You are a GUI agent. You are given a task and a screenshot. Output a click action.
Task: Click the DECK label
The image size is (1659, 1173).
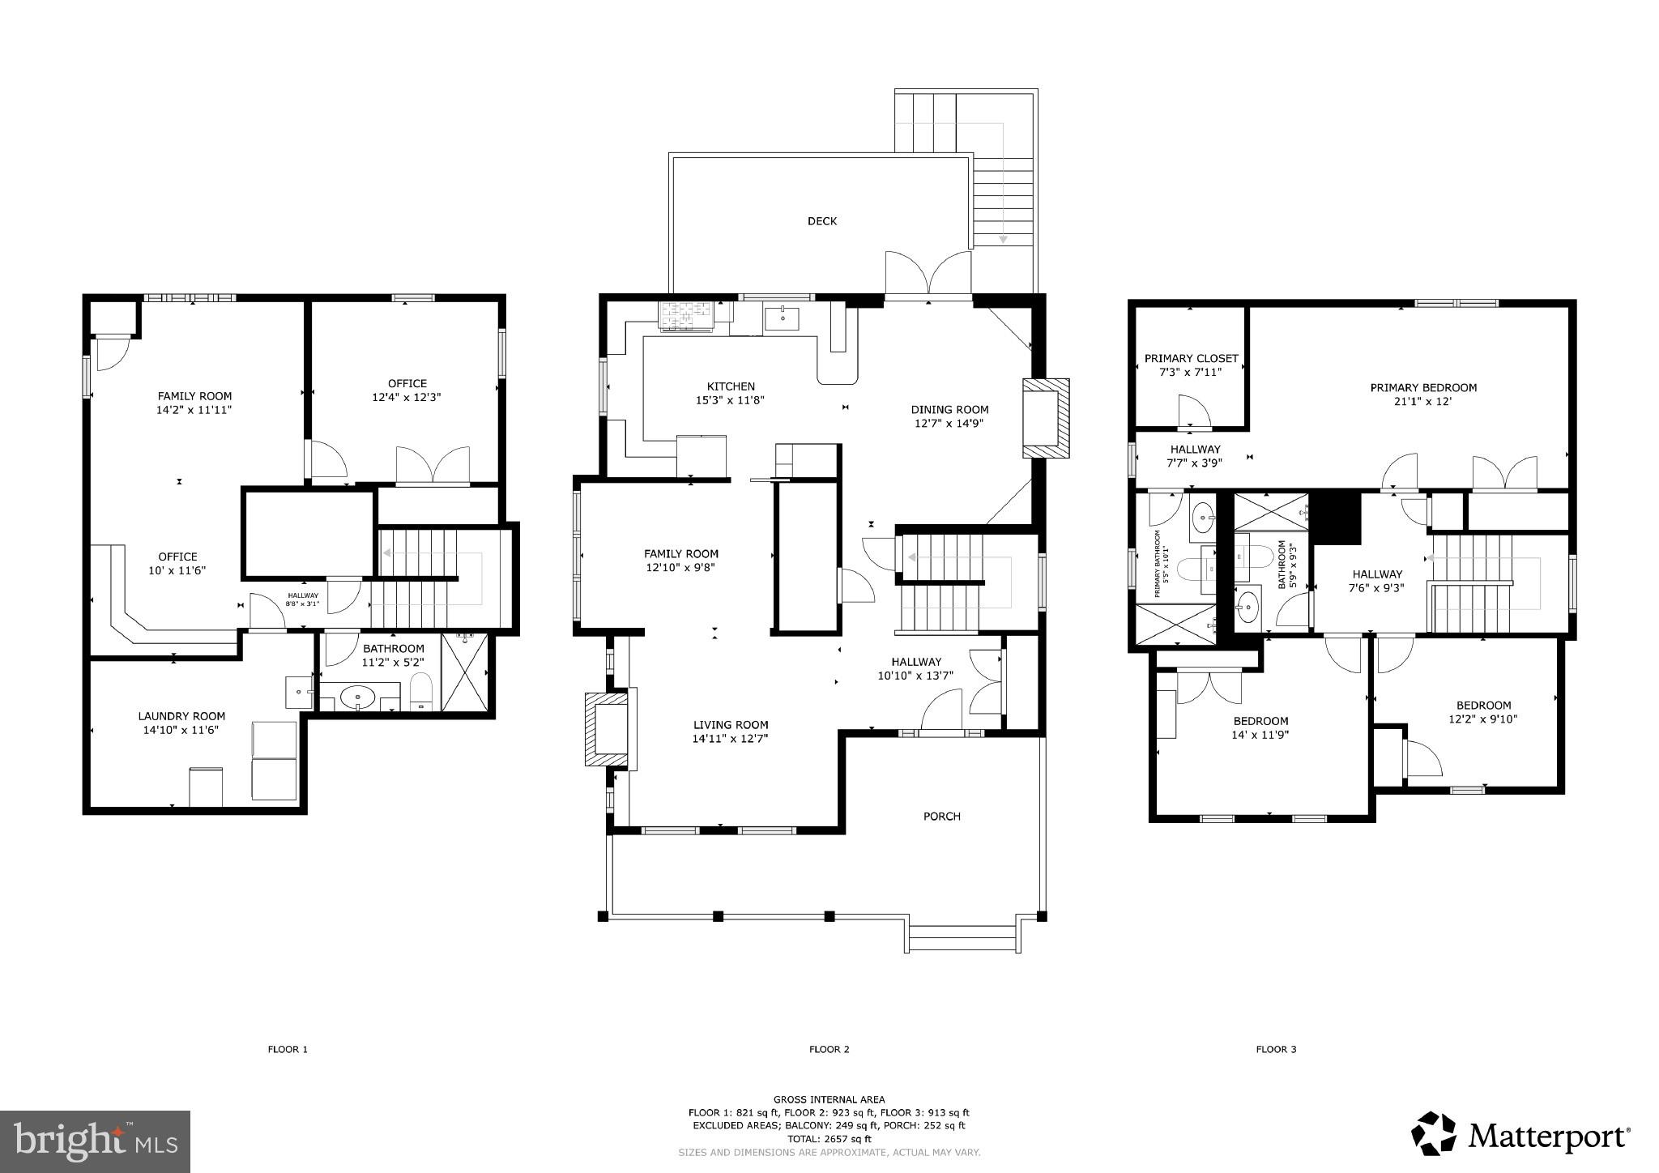821,221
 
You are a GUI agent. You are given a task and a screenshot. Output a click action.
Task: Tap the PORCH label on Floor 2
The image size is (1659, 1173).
941,816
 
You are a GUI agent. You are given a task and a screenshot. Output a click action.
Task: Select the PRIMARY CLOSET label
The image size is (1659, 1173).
1191,358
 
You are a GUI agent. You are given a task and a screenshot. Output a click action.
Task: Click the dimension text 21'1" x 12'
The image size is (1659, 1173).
1423,401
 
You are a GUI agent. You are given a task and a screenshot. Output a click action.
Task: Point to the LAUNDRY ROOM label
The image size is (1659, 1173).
181,716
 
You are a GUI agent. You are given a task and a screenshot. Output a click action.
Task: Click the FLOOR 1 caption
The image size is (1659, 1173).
288,1049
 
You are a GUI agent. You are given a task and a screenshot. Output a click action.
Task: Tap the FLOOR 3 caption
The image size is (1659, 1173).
1276,1049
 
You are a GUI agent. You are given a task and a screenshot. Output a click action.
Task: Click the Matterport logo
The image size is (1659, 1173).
1520,1136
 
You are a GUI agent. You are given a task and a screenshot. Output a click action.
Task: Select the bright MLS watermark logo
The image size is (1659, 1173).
95,1141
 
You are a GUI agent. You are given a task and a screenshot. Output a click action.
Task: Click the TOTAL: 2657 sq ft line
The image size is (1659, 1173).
829,1138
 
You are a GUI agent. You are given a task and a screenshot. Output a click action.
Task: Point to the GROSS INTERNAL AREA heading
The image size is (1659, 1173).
829,1099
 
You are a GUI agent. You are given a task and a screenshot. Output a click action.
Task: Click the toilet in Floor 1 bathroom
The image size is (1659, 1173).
421,693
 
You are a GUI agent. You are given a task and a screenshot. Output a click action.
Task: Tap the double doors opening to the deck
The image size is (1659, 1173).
928,275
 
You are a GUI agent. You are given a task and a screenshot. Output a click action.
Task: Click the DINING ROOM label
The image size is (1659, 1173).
949,409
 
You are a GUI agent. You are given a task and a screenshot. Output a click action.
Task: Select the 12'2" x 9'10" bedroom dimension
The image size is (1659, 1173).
1482,719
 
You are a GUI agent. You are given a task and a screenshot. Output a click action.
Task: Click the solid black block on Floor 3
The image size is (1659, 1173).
1335,518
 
